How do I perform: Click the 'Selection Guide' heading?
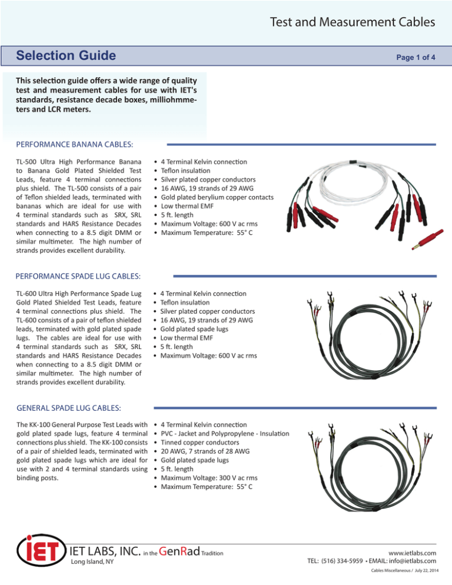66,57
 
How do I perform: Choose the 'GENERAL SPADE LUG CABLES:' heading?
62,407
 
